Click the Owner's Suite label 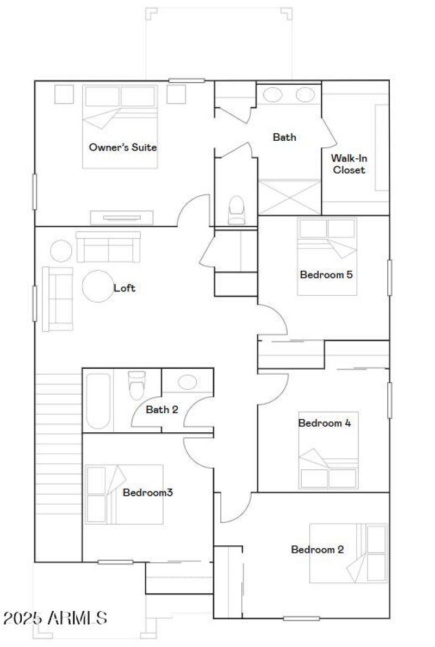click(x=123, y=147)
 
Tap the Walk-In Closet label click(x=349, y=164)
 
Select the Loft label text click(x=124, y=288)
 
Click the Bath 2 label click(x=161, y=409)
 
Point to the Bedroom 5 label click(x=326, y=275)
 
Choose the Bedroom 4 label click(x=324, y=423)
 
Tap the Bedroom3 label click(x=148, y=493)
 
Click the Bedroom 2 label click(x=318, y=549)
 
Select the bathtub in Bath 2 click(x=98, y=401)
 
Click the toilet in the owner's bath click(x=237, y=210)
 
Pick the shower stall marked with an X click(x=289, y=197)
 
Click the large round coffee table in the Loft click(x=97, y=286)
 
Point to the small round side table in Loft click(x=61, y=251)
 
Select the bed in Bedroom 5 click(x=327, y=257)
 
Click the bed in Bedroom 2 click(x=348, y=553)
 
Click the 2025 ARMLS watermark click(x=55, y=618)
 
